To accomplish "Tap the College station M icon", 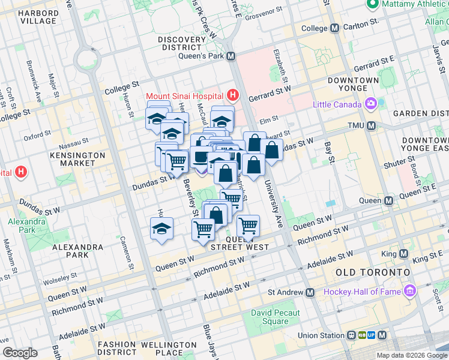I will tap(334, 28).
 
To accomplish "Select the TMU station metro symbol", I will tap(371, 126).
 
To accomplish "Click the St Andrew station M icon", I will tap(310, 293).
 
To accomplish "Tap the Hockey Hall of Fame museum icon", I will tap(411, 292).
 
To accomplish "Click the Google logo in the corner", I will tap(20, 353).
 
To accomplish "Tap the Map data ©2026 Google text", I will tap(411, 355).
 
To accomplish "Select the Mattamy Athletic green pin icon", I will tap(372, 5).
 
